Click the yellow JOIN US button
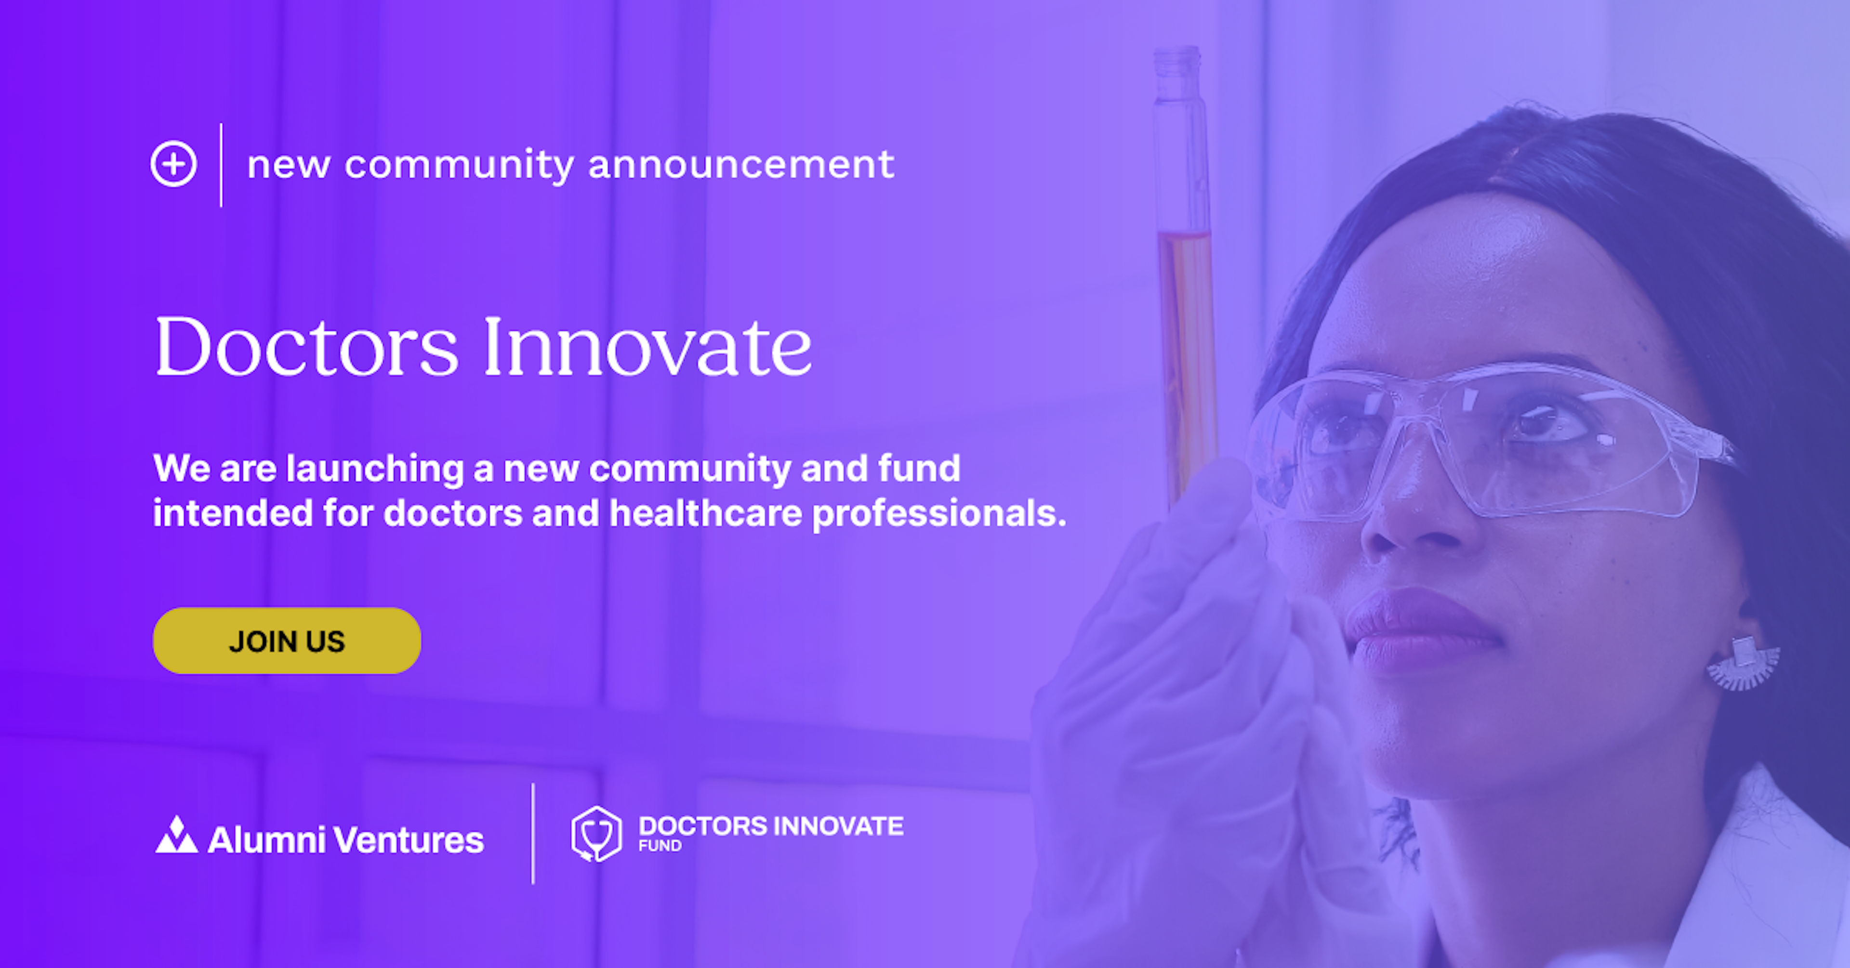pyautogui.click(x=287, y=641)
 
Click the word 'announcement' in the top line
pyautogui.click(x=741, y=164)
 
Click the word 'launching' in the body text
pyautogui.click(x=375, y=470)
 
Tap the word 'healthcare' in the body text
pyautogui.click(x=705, y=513)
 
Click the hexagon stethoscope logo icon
pyautogui.click(x=596, y=834)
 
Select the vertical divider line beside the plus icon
pyautogui.click(x=221, y=165)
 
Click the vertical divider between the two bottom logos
pyautogui.click(x=533, y=834)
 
